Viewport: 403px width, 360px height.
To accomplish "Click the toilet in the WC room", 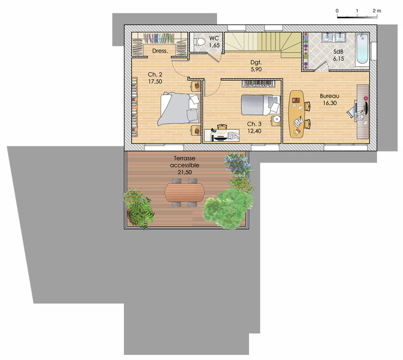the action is pos(199,42).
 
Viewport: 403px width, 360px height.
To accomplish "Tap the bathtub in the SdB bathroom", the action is pos(362,48).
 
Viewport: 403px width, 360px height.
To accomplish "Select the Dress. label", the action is pos(160,51).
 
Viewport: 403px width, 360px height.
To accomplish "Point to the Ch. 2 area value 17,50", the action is pos(155,82).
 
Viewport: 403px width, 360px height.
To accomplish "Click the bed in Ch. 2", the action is pos(179,109).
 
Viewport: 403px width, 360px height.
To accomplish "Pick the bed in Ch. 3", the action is pos(261,105).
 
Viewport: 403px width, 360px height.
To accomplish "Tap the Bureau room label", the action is pos(329,96).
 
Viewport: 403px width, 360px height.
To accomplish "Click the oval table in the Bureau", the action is pos(296,114).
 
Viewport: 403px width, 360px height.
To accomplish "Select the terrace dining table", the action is pos(184,192).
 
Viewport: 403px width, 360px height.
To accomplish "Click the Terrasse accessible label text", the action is pos(184,162).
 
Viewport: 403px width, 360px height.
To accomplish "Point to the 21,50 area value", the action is pos(184,172).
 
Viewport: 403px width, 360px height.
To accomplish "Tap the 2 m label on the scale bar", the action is pos(377,11).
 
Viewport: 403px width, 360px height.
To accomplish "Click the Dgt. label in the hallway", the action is pos(256,62).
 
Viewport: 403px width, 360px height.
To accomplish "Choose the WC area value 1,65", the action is pos(214,45).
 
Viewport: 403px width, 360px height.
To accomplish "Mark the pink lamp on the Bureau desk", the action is pos(366,98).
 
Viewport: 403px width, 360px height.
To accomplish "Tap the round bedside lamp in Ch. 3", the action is pos(276,119).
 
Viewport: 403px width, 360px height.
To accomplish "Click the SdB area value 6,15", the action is pos(338,59).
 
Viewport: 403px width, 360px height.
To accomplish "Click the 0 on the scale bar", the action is pos(337,11).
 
